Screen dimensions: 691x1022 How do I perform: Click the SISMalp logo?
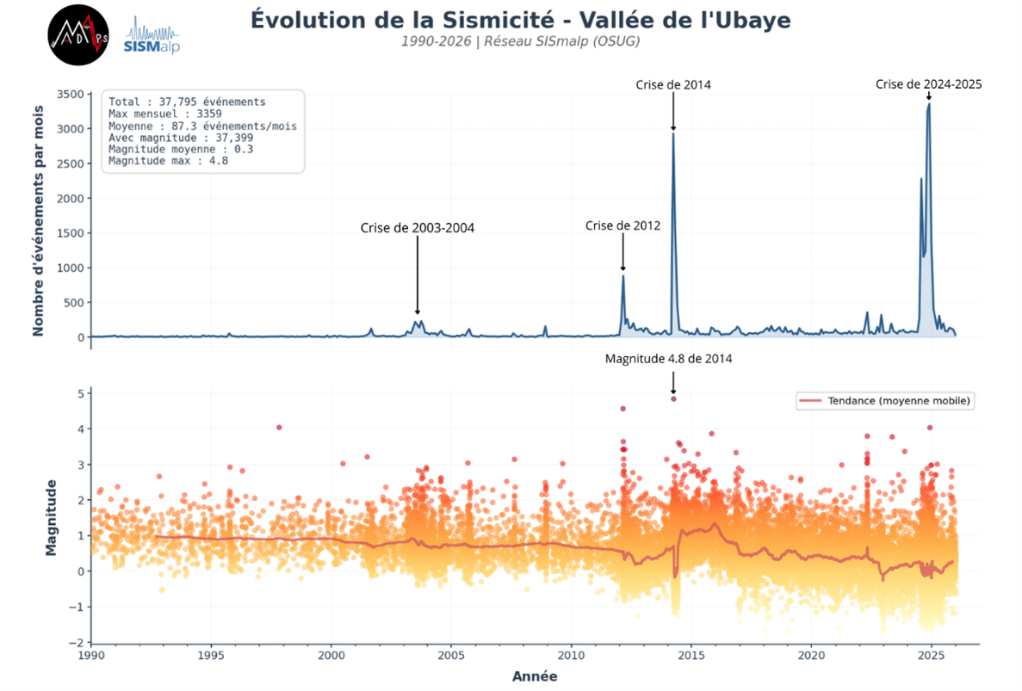point(152,36)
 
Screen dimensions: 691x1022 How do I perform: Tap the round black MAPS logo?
point(77,35)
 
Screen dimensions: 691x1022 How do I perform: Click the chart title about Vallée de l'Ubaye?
point(520,20)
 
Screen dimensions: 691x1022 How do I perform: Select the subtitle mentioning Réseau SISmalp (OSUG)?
point(520,41)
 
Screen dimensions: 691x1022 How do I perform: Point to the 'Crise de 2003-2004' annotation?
point(417,228)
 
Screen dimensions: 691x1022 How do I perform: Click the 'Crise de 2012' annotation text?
point(622,225)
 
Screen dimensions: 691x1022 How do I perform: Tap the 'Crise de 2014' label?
point(673,84)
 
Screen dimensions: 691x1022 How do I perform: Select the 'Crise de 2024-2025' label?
point(928,84)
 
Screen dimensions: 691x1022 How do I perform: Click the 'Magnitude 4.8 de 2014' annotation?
point(668,359)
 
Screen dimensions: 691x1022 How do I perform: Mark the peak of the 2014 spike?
point(673,134)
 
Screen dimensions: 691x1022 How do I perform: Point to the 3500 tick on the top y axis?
point(71,94)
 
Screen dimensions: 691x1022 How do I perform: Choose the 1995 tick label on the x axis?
point(211,656)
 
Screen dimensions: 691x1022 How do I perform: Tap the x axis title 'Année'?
point(534,676)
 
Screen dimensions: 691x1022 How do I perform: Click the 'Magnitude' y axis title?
point(52,517)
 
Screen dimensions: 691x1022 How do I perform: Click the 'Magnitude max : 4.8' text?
point(168,160)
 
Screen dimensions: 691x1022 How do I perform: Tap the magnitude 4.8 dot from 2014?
point(673,398)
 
